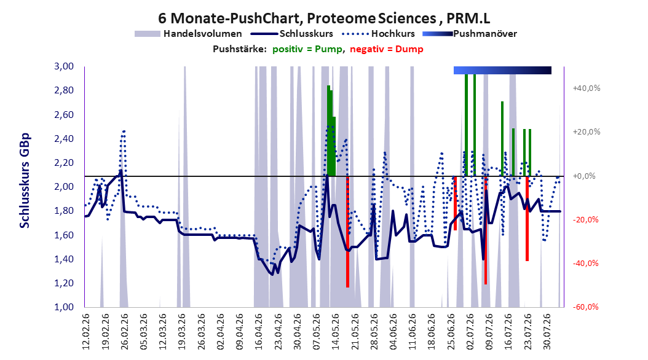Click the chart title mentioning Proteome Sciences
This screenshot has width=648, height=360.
[x=324, y=18]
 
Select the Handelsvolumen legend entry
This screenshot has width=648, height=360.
[x=189, y=34]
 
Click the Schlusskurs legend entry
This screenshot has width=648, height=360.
[x=292, y=34]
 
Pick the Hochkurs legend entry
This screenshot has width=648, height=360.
[x=376, y=34]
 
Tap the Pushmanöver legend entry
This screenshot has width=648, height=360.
[x=470, y=34]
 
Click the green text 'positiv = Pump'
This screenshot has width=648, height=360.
[x=307, y=49]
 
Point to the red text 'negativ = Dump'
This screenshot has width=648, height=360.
[x=387, y=49]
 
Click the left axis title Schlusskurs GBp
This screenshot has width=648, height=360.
[x=25, y=181]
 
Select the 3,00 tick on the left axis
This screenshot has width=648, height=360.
[x=64, y=66]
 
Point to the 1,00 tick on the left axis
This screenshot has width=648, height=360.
[x=64, y=307]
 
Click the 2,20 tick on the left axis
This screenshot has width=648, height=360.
[x=64, y=163]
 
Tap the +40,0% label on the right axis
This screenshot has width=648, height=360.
[x=587, y=88]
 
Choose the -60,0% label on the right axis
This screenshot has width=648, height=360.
[x=585, y=307]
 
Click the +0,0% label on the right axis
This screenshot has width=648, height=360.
[x=584, y=176]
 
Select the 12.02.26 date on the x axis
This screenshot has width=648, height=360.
[x=86, y=332]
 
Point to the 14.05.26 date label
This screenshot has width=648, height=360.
[x=336, y=332]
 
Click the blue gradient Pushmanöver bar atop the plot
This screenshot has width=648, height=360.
[x=502, y=70]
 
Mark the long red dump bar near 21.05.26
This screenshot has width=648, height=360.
[x=347, y=232]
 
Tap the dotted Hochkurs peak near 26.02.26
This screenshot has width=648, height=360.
[x=123, y=131]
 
